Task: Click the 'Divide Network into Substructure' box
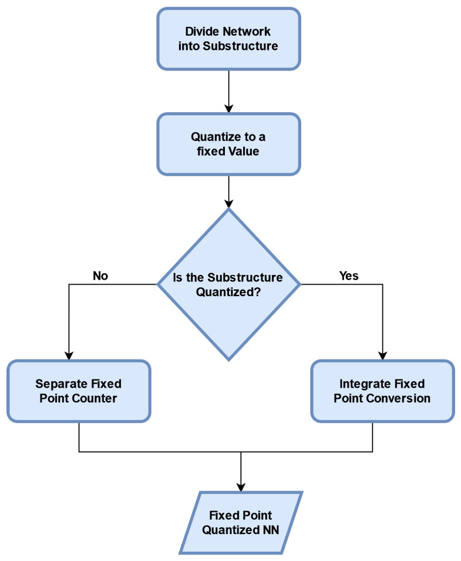pyautogui.click(x=228, y=38)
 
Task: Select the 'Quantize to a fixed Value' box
pyautogui.click(x=228, y=143)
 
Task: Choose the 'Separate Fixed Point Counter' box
pyautogui.click(x=79, y=391)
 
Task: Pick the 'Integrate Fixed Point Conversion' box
pyautogui.click(x=382, y=391)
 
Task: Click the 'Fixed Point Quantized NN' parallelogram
pyautogui.click(x=241, y=522)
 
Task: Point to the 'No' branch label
pyautogui.click(x=100, y=276)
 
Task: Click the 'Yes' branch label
pyautogui.click(x=349, y=276)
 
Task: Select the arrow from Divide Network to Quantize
pyautogui.click(x=228, y=90)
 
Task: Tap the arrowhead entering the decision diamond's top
pyautogui.click(x=228, y=203)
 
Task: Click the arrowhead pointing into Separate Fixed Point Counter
pyautogui.click(x=69, y=354)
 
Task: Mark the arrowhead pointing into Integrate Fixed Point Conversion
pyautogui.click(x=382, y=354)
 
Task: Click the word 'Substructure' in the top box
pyautogui.click(x=245, y=46)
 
